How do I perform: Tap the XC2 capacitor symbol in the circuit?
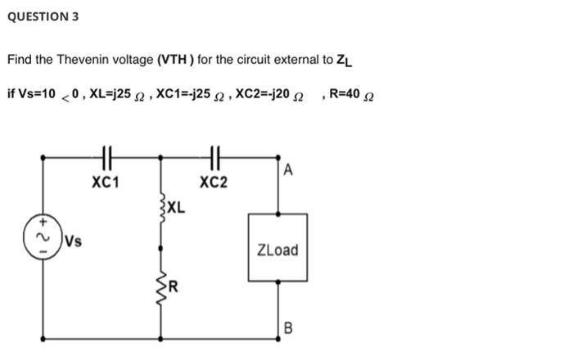tap(214, 156)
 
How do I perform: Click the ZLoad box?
tap(277, 249)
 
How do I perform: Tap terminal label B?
tap(287, 329)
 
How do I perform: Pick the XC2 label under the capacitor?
tap(213, 182)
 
